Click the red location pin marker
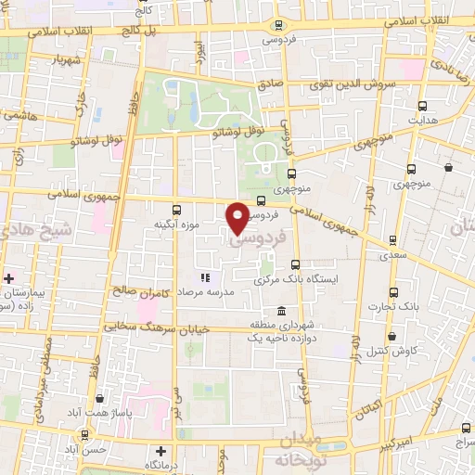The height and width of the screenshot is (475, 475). tap(238, 217)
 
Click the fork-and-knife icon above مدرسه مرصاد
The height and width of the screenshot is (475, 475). tap(205, 276)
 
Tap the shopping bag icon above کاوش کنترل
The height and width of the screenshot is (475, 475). tap(392, 336)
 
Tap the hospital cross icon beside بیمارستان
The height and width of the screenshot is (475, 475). tap(9, 277)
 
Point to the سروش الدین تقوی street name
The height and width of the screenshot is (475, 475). tap(352, 83)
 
